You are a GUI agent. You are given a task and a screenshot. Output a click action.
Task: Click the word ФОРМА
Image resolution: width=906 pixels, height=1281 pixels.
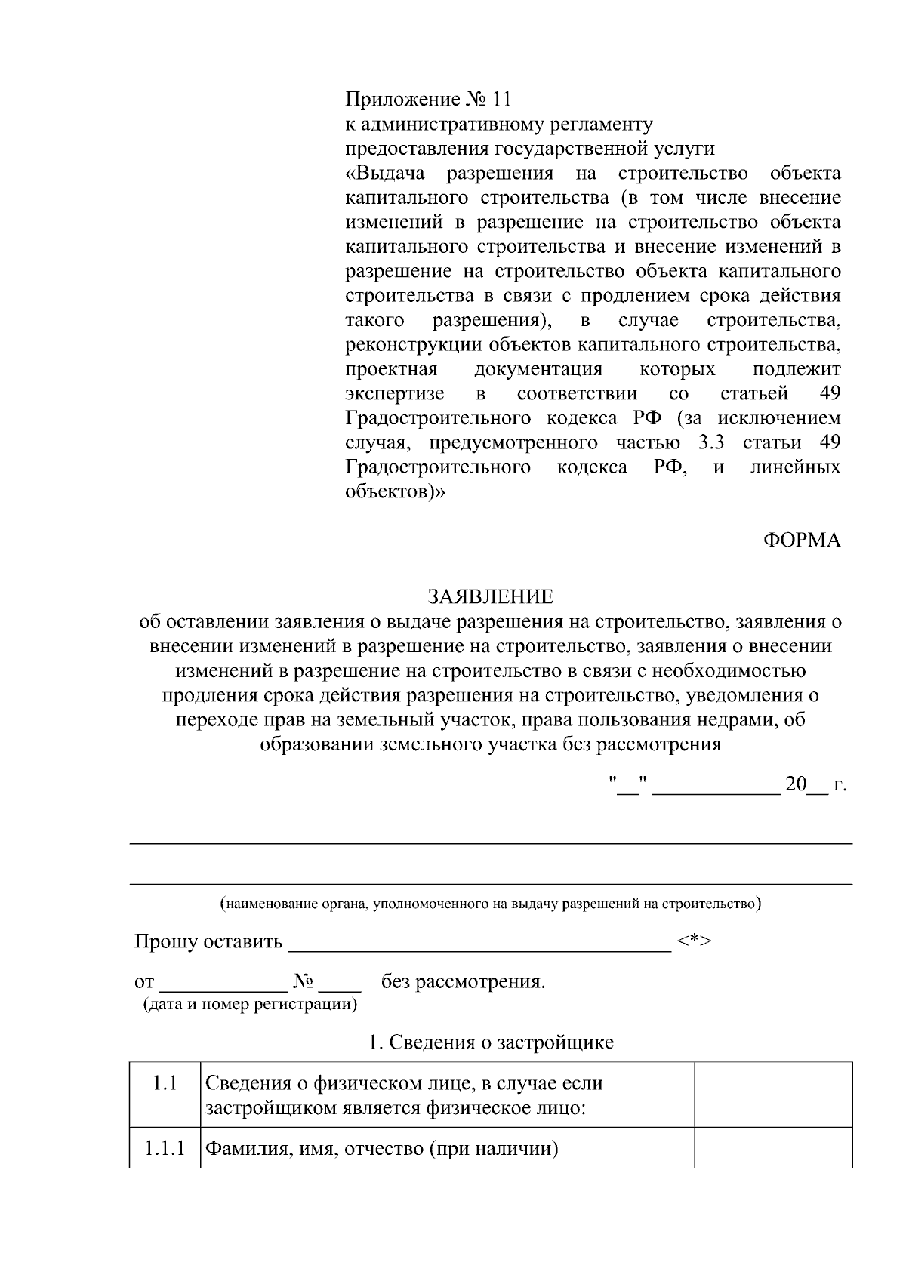click(801, 540)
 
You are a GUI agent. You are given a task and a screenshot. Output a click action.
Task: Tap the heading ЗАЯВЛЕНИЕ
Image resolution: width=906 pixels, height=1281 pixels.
click(491, 597)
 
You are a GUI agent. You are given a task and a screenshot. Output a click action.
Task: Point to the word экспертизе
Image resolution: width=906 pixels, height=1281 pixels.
click(394, 394)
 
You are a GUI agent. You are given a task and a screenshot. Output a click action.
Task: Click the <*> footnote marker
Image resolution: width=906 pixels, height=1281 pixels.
click(695, 941)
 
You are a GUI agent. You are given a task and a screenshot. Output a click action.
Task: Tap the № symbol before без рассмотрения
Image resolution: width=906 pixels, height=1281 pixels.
click(303, 982)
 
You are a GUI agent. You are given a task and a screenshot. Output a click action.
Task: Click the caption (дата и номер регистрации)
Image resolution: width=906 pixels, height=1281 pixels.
click(250, 1005)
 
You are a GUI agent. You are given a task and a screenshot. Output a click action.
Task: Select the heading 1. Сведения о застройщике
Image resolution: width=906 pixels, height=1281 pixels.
click(491, 1042)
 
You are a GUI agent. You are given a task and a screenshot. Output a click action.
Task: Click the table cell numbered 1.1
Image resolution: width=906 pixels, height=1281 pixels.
click(165, 1083)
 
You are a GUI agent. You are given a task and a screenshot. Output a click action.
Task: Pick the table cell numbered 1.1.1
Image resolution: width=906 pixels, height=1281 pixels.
click(165, 1150)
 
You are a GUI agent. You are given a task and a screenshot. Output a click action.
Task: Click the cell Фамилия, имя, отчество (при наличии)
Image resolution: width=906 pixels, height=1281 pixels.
click(382, 1150)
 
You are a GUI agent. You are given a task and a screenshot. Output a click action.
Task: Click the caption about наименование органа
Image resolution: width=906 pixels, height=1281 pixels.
click(491, 904)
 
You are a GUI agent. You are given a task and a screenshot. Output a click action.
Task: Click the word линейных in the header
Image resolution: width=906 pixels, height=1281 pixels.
click(795, 467)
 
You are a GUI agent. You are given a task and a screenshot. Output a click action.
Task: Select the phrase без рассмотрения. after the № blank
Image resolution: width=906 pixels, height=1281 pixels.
click(463, 982)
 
